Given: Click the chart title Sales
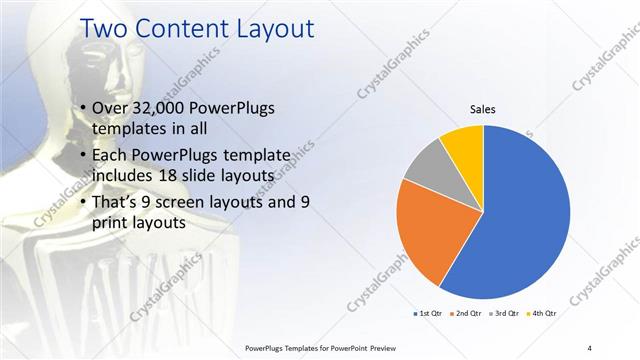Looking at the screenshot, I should click(x=483, y=110).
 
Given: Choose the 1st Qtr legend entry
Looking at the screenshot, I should click(x=427, y=314).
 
